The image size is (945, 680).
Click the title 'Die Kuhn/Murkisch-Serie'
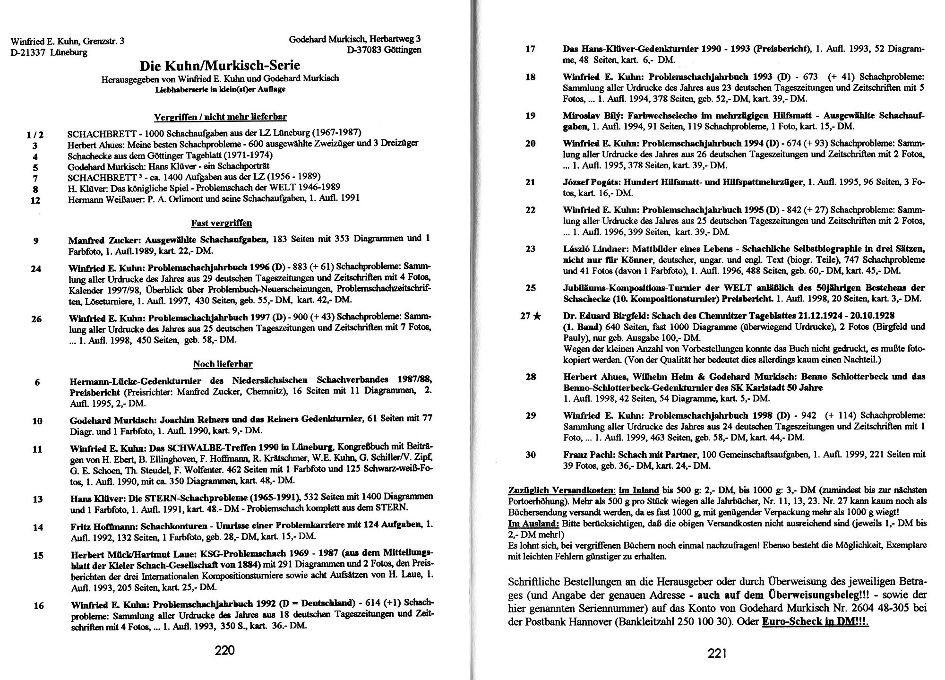pos(220,65)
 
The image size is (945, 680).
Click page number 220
pos(224,651)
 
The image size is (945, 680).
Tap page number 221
pos(717,654)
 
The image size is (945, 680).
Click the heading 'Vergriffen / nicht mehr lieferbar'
pos(220,117)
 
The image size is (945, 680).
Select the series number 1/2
pos(35,136)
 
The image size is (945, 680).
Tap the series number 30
pos(530,455)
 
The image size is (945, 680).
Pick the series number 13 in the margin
pos(37,499)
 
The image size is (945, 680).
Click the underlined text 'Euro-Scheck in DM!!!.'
pos(816,622)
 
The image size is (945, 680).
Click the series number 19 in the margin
pos(530,116)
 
